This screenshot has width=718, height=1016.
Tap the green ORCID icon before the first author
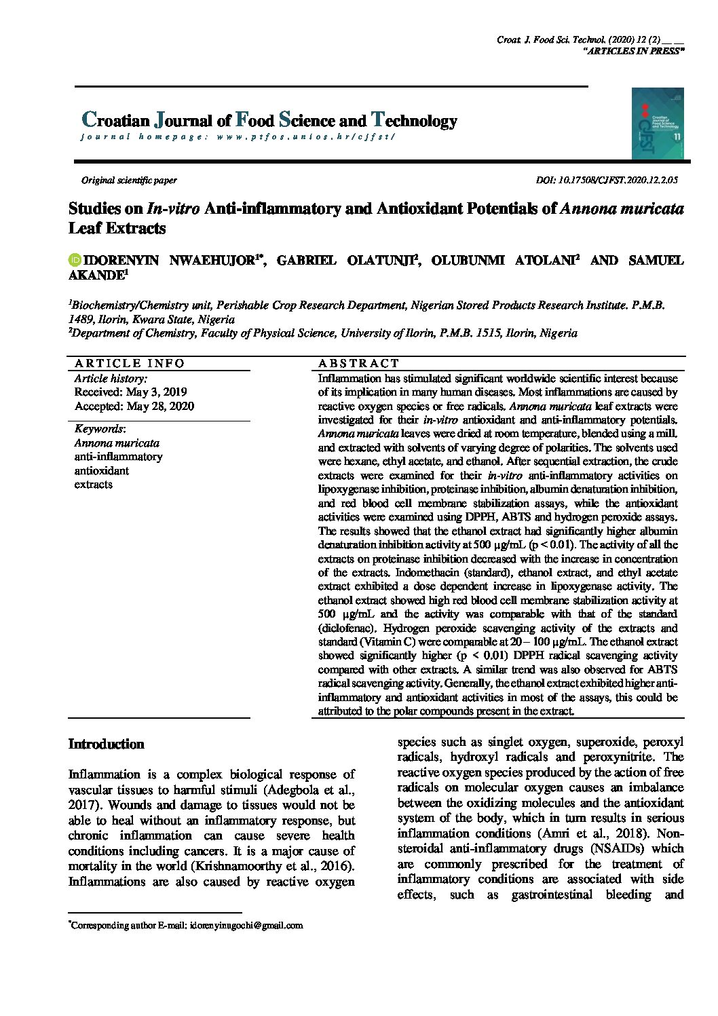(74, 261)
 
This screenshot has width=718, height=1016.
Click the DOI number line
(607, 181)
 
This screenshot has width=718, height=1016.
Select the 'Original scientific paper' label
(129, 181)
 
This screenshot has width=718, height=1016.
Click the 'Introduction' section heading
(107, 745)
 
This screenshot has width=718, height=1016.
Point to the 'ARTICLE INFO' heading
(130, 363)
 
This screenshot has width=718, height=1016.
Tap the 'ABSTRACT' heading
(358, 363)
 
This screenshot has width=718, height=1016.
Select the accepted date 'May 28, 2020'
(160, 406)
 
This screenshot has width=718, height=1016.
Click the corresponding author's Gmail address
(246, 925)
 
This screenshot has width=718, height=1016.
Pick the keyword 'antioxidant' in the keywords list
(101, 470)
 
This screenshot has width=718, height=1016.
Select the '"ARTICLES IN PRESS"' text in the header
(634, 52)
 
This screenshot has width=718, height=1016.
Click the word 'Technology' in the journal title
(414, 121)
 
